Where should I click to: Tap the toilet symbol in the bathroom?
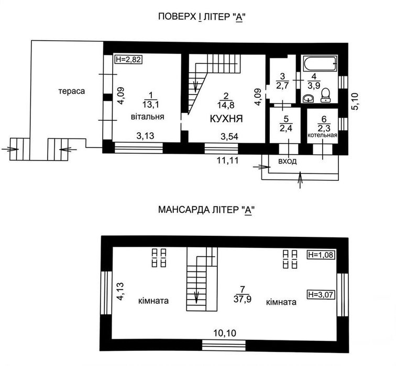pos(325,95)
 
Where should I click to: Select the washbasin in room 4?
pos(308,98)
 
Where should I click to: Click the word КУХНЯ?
pos(226,119)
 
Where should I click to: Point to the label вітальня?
pos(148,117)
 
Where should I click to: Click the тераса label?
pos(72,91)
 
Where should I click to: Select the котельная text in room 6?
pos(322,135)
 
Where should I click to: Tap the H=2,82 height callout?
pos(128,60)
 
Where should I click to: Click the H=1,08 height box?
pos(321,255)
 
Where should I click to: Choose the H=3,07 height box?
pos(321,294)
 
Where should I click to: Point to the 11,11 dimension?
pos(227,160)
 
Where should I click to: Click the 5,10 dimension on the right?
pos(355,101)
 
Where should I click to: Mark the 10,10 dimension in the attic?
pos(225,333)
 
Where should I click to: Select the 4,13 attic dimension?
pos(120,291)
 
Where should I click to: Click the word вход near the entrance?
pos(288,162)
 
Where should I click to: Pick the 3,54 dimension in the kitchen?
pos(229,136)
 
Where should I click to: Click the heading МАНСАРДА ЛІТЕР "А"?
pos(206,210)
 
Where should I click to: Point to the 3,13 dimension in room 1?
pos(145,136)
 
